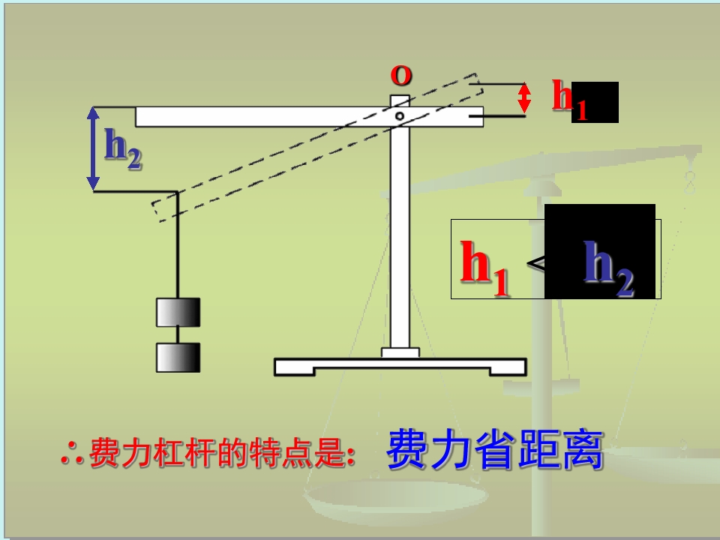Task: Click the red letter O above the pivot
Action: (401, 76)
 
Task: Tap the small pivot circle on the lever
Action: (400, 116)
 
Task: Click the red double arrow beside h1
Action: (525, 97)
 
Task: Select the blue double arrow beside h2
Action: (93, 148)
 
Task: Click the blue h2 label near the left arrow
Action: (122, 147)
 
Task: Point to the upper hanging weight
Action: (178, 312)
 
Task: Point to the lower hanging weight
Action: (178, 358)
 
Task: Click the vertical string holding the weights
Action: (178, 247)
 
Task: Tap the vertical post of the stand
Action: (400, 240)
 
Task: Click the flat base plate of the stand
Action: (400, 367)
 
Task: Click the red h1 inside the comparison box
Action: (484, 266)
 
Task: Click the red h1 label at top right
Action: (568, 99)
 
